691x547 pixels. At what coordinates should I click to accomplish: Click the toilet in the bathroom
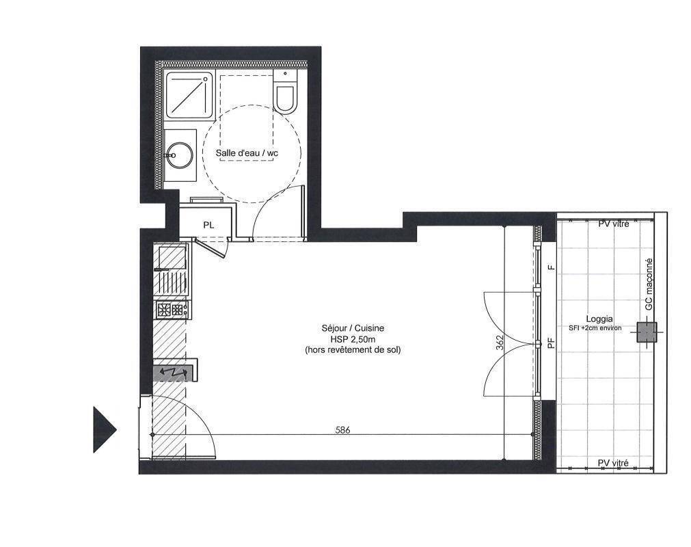285,91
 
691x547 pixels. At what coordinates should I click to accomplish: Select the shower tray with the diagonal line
189,94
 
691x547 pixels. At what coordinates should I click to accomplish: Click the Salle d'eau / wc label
247,153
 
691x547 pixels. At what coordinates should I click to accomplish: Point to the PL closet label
208,225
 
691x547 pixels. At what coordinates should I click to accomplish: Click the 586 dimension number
342,430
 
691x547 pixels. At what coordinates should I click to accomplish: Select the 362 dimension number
500,343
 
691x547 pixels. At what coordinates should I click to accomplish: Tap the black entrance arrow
105,429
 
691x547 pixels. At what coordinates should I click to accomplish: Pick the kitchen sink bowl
172,257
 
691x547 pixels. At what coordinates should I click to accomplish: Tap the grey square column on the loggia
647,332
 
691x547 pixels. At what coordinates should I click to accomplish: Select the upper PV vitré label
614,224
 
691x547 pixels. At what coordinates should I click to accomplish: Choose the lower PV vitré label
613,463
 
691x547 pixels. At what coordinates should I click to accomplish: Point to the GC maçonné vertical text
648,284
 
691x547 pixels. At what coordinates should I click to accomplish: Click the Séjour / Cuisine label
353,328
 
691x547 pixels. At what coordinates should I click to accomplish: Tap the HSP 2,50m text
353,339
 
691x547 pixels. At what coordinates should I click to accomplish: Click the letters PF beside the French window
550,343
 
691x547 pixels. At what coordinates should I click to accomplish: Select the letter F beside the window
550,267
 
